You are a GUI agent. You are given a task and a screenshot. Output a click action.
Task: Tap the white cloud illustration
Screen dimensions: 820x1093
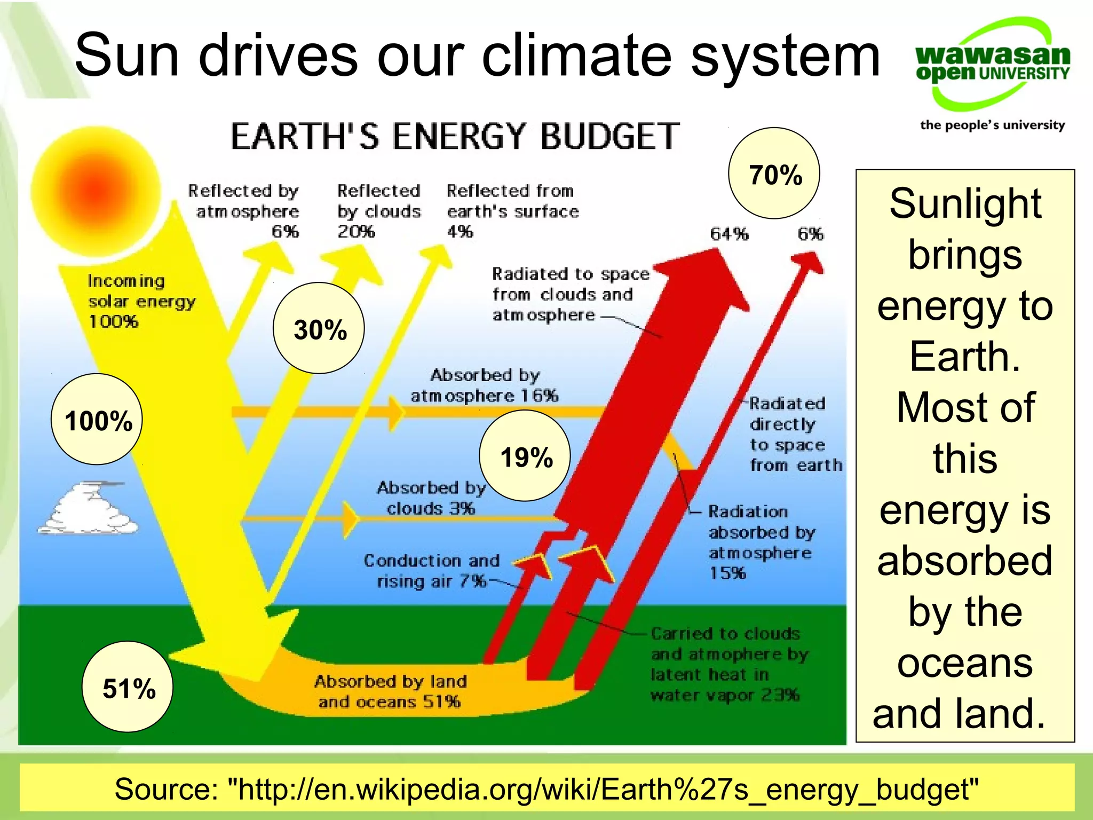[88, 508]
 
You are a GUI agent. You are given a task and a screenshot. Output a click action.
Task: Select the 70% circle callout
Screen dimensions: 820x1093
[774, 174]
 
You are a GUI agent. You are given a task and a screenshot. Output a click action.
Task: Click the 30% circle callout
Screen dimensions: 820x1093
[319, 328]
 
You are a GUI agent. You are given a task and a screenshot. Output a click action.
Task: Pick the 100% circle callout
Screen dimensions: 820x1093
[97, 419]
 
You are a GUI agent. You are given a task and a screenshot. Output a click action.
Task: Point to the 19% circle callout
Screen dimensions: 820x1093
[525, 456]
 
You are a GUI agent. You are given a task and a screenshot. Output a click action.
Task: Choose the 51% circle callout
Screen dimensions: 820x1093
[128, 687]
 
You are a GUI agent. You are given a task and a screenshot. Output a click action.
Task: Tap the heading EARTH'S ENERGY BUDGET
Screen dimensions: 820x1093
[455, 136]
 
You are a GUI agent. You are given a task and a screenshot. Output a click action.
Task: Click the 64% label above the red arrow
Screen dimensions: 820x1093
[729, 234]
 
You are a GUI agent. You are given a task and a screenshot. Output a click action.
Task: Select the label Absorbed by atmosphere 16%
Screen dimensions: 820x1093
[484, 385]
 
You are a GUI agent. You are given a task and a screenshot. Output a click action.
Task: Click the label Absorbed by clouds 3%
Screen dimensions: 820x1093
[431, 498]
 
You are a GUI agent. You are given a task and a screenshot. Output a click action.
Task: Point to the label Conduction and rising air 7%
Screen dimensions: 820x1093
[431, 571]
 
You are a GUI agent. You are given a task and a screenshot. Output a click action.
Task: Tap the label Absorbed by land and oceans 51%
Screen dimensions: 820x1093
[390, 691]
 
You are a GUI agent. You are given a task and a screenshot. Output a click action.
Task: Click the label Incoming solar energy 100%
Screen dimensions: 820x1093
[141, 301]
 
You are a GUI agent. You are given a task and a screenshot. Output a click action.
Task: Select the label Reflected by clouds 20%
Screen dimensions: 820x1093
[379, 211]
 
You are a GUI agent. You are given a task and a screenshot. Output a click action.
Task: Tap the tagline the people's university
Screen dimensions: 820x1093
[992, 125]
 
